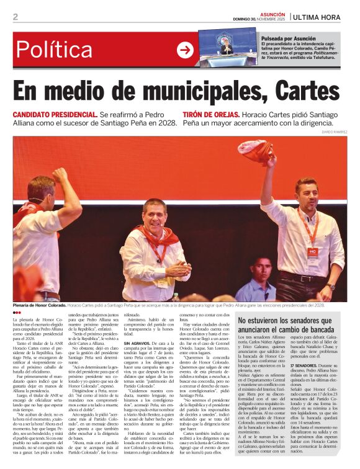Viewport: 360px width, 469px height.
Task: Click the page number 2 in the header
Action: click(16, 17)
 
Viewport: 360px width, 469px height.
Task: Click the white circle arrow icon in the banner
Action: click(185, 50)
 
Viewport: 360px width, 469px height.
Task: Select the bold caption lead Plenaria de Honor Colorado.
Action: click(39, 306)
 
